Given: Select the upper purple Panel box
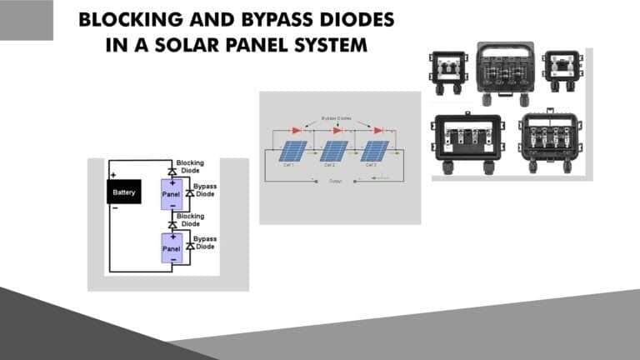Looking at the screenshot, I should tap(172, 193).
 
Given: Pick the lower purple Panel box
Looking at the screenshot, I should tap(172, 248).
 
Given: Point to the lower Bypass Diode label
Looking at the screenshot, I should tap(205, 243).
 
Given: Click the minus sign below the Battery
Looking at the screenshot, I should tap(113, 208).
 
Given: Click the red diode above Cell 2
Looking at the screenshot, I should tap(337, 130).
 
